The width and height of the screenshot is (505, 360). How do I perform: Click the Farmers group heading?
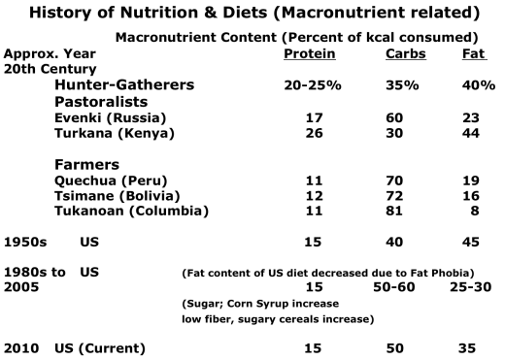pyautogui.click(x=85, y=164)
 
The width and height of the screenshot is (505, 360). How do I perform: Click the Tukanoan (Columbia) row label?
pyautogui.click(x=126, y=211)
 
